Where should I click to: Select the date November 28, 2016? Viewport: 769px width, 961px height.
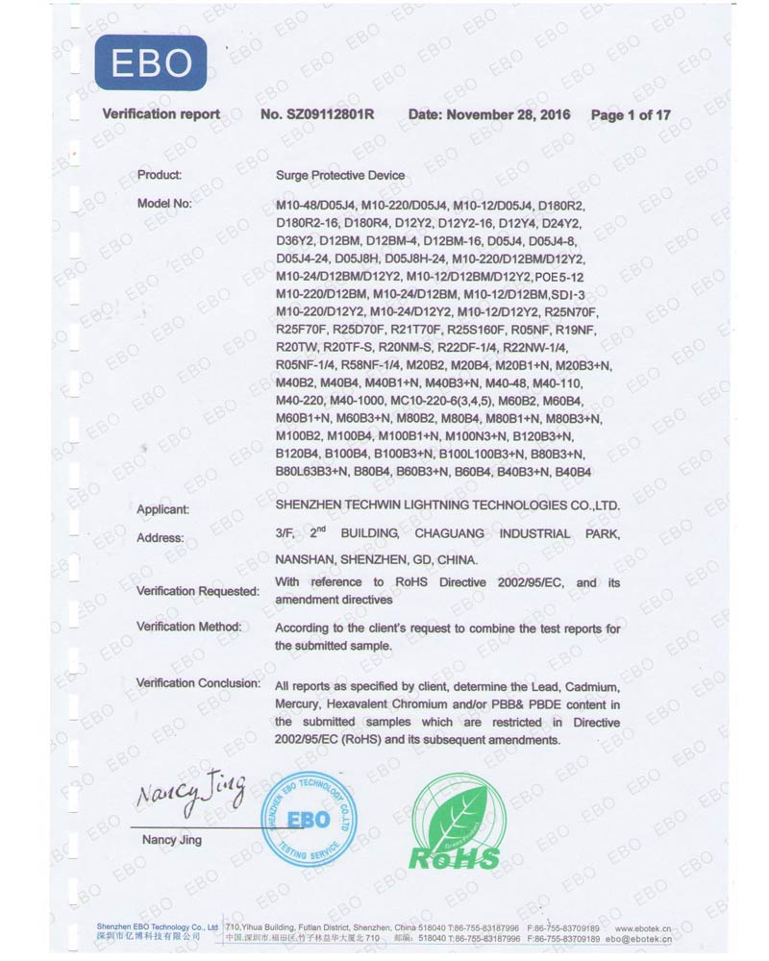(489, 115)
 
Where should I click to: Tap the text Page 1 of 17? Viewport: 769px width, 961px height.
(631, 115)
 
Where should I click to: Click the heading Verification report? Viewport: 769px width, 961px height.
(161, 115)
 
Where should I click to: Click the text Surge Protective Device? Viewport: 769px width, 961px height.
(339, 176)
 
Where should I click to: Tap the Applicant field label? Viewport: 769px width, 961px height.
(162, 509)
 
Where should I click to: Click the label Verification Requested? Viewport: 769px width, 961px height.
(197, 590)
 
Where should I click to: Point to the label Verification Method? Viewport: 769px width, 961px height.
(188, 628)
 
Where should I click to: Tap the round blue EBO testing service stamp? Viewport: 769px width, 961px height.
(310, 820)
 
